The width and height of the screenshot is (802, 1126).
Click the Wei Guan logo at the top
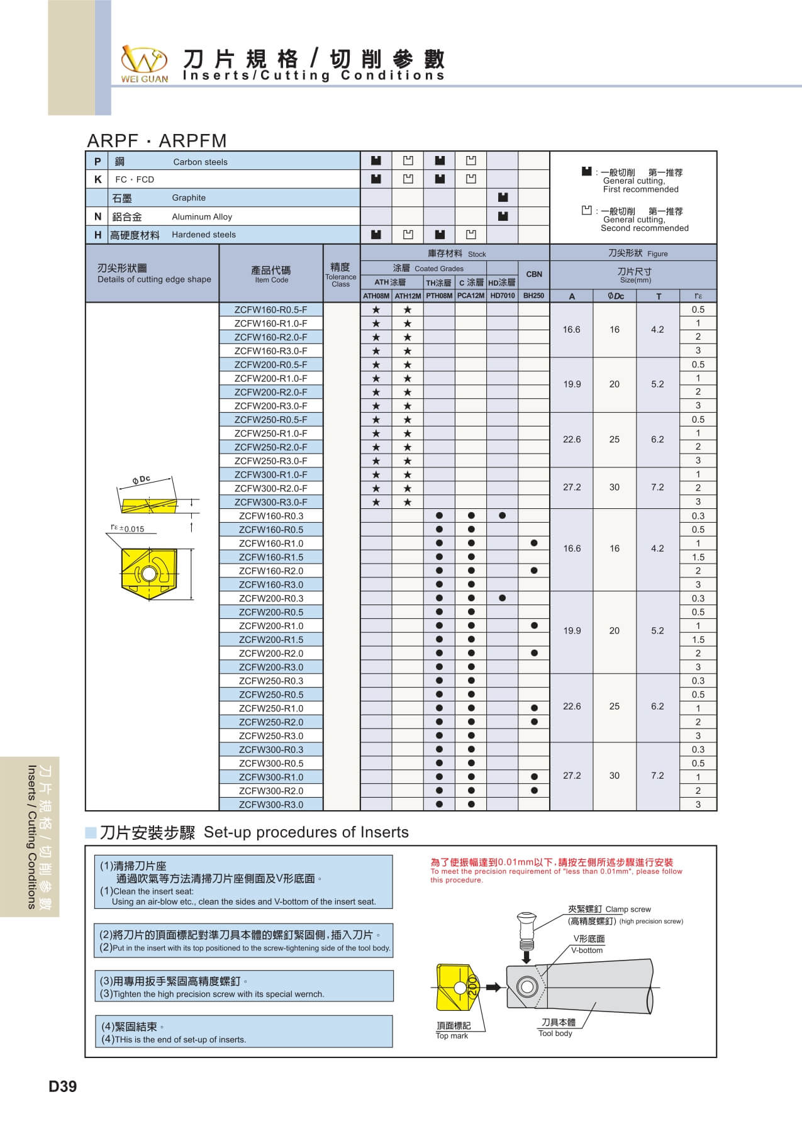[145, 64]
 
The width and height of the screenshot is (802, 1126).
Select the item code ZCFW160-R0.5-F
[270, 309]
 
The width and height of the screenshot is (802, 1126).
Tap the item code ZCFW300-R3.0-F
[270, 502]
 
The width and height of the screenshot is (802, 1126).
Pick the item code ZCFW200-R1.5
[270, 640]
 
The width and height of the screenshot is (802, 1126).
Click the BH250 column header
[533, 296]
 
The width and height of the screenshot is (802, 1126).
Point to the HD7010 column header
[502, 296]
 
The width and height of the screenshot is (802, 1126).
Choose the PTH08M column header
[439, 296]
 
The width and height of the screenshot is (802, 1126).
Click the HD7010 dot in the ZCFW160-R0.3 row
[502, 516]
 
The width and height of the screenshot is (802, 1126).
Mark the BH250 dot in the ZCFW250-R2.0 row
[534, 722]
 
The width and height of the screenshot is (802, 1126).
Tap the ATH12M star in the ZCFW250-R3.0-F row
[408, 461]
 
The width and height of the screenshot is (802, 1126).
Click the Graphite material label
[189, 198]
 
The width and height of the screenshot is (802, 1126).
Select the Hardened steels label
[204, 235]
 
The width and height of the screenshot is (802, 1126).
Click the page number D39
[63, 1086]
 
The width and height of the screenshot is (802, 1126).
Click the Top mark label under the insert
[452, 1035]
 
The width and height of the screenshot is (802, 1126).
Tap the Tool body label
[555, 1033]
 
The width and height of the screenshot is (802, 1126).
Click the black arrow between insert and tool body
[494, 987]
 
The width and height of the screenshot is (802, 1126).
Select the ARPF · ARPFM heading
[157, 140]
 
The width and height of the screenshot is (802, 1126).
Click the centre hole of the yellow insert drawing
[148, 574]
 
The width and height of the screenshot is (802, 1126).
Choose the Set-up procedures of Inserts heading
[306, 832]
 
